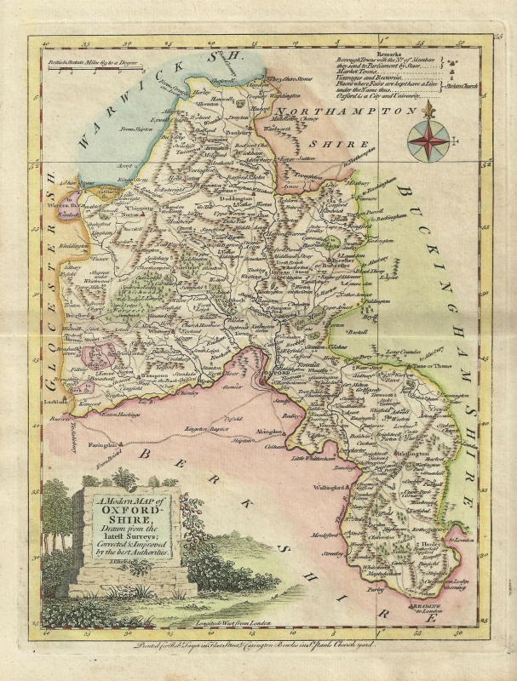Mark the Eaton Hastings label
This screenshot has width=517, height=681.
click(123, 413)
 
